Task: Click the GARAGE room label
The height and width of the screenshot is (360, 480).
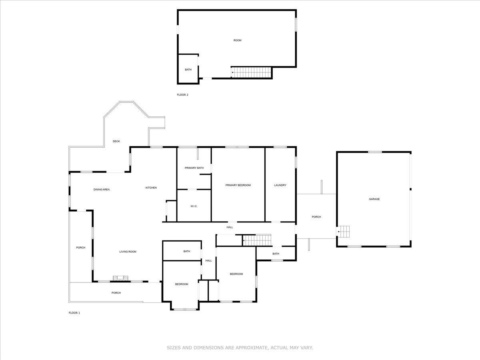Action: (374, 199)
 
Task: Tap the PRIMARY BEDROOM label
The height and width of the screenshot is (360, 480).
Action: (238, 185)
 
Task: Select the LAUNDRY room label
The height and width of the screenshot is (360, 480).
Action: (280, 185)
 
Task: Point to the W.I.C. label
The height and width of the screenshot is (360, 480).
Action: (194, 206)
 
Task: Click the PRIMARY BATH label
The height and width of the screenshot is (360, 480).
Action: (194, 168)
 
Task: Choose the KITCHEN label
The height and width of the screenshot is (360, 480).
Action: (151, 188)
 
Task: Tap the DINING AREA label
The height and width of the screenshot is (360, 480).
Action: (102, 190)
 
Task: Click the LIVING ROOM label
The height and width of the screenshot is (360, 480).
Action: (128, 252)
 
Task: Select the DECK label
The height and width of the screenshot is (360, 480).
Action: (116, 141)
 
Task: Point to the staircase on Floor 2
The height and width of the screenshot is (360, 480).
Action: (252, 72)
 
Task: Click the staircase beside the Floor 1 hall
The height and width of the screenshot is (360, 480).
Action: (258, 240)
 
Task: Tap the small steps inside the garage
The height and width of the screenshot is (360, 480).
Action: (344, 231)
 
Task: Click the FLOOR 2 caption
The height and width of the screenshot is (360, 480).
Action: (182, 95)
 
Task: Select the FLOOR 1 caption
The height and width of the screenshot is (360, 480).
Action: (74, 313)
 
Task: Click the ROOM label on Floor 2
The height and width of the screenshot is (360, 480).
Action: (237, 40)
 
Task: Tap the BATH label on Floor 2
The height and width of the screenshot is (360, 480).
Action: (188, 70)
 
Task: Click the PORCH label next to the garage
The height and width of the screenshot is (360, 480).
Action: (316, 217)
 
